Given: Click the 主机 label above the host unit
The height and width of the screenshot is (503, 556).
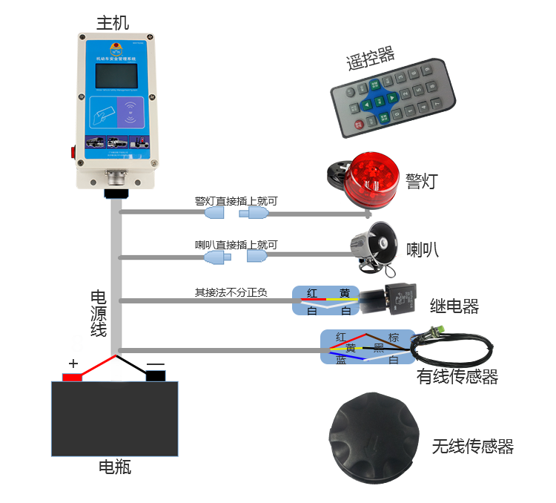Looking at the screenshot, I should point(113,22).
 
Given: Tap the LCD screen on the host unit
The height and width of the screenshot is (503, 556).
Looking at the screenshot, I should point(116,77).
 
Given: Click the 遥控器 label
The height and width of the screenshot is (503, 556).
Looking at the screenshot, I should point(370,61).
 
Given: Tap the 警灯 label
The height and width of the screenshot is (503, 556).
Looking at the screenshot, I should point(422,180).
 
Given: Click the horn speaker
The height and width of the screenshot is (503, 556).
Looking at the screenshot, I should point(374,243).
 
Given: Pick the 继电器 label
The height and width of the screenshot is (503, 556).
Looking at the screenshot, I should point(454,306).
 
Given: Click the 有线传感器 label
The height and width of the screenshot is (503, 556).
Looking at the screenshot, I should point(457,377).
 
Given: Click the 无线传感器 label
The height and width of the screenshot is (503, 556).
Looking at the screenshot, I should point(472,446).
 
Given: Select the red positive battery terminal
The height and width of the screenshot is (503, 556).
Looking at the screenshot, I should point(72,377).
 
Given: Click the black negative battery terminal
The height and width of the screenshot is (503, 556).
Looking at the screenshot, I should point(156,376).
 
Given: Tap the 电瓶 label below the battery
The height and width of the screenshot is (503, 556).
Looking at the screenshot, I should point(114,467).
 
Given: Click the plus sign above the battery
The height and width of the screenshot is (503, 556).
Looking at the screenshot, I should point(73,363).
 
